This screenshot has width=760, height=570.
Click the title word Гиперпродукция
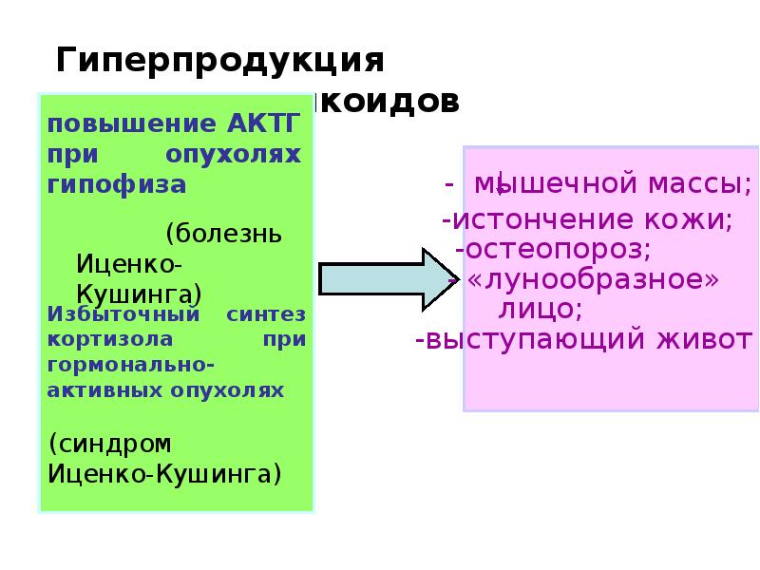220,61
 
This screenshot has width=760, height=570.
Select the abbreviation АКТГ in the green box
264,123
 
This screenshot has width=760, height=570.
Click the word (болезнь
223,234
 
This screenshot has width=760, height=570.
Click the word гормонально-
129,366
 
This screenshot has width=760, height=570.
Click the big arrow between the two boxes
375,277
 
